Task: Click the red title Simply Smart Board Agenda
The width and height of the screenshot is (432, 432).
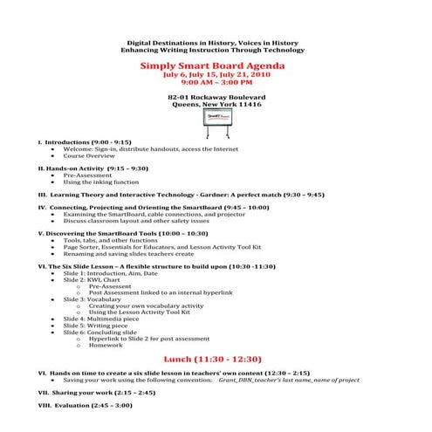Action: click(x=215, y=65)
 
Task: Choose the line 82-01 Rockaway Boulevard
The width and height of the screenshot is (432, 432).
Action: click(x=216, y=96)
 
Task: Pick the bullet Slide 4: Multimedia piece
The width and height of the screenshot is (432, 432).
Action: click(x=104, y=319)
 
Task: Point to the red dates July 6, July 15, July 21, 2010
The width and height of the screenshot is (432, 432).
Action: click(x=215, y=75)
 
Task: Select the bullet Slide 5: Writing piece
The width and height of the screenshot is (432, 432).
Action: click(x=97, y=326)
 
